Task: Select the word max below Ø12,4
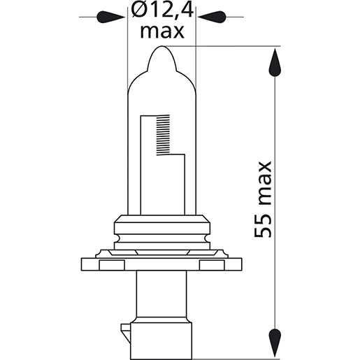tap(161, 31)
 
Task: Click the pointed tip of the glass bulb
tap(161, 51)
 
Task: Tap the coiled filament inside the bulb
tap(163, 136)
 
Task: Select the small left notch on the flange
tap(110, 264)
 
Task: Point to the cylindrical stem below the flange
tap(161, 294)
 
